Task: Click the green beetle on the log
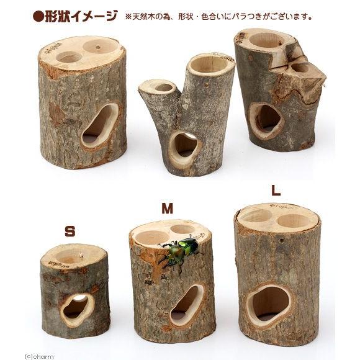[x=182, y=251]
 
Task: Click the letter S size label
[x=70, y=232]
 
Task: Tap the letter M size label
[x=167, y=209]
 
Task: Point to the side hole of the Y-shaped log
[x=184, y=148]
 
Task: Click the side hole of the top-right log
[x=266, y=119]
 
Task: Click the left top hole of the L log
[x=255, y=215]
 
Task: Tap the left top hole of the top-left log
[x=69, y=57]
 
